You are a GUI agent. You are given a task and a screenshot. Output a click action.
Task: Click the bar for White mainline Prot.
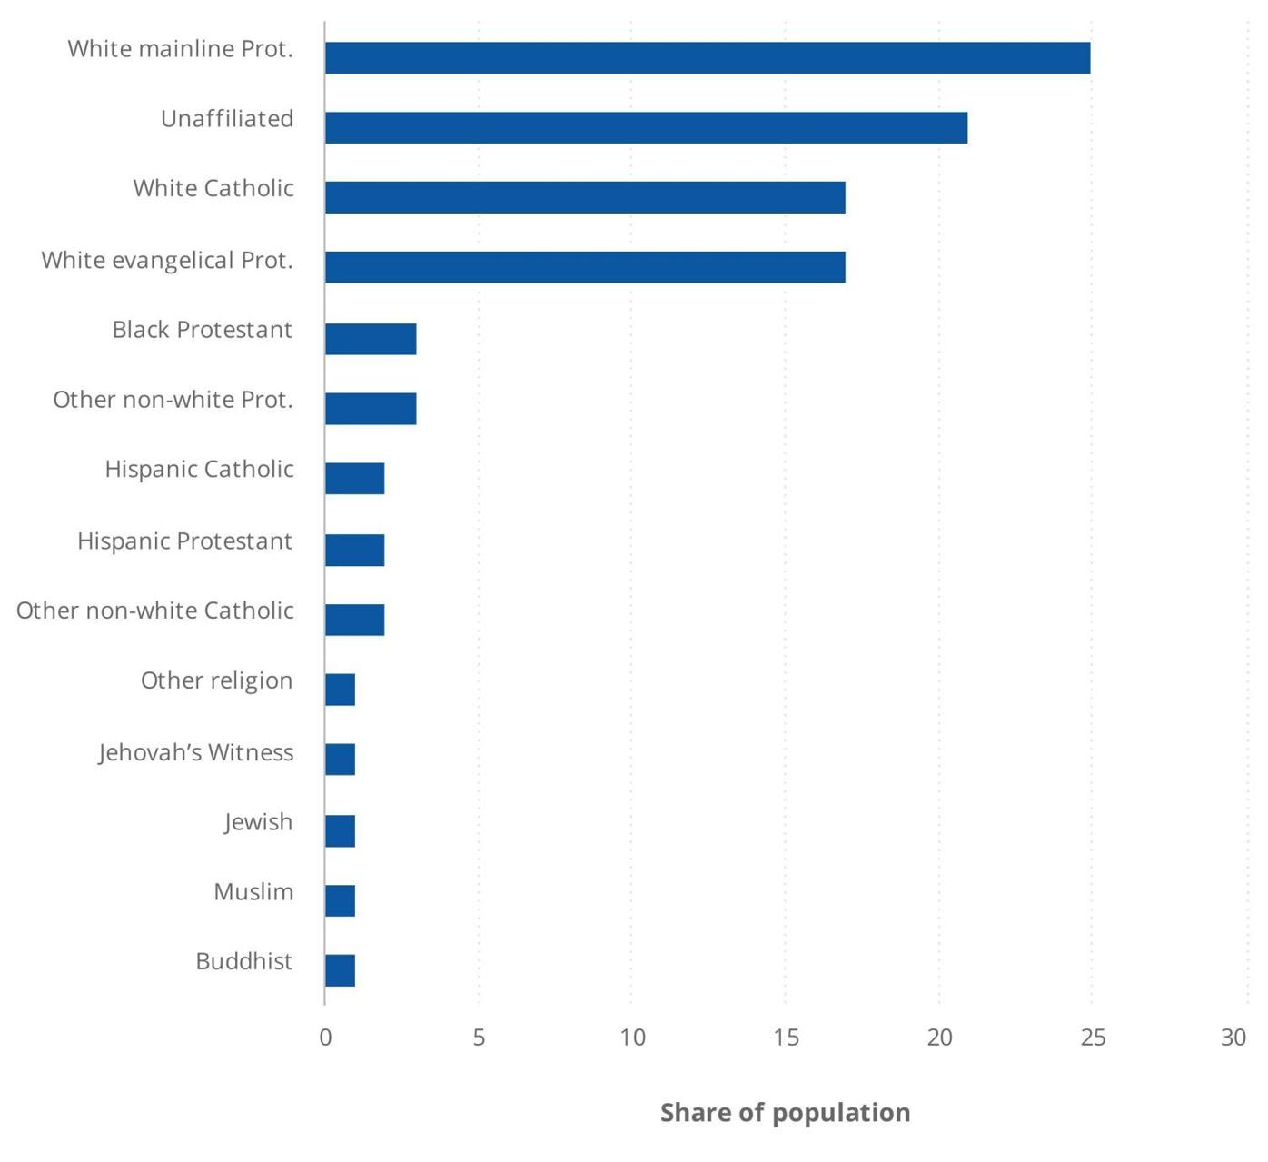(707, 58)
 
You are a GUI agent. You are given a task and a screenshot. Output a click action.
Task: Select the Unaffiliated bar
(646, 128)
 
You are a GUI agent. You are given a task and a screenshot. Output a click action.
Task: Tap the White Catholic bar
(585, 197)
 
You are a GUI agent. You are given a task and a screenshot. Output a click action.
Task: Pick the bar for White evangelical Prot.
(585, 267)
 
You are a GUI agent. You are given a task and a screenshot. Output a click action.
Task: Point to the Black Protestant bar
(371, 339)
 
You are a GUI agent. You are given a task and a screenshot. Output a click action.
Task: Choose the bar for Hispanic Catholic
(355, 479)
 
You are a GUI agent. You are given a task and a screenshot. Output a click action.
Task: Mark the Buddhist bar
(341, 970)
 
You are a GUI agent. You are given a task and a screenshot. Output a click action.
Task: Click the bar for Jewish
(341, 831)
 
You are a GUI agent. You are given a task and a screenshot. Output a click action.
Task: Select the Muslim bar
(341, 900)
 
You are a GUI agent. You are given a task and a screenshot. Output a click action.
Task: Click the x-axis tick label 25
(1093, 1038)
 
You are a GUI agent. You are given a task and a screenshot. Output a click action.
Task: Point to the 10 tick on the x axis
(632, 1038)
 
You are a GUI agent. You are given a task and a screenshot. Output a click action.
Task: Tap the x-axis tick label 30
(1233, 1038)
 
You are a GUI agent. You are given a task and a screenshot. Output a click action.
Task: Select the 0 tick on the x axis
(325, 1038)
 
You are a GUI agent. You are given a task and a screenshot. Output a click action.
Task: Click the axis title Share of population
(785, 1113)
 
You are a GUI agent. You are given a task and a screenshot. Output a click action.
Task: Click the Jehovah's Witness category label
(196, 753)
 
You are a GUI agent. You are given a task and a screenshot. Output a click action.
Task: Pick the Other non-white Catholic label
(155, 611)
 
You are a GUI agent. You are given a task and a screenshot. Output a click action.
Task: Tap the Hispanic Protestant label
(185, 541)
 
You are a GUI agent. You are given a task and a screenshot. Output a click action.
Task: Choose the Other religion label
(217, 680)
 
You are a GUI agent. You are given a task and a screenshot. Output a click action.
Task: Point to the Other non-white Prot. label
(173, 400)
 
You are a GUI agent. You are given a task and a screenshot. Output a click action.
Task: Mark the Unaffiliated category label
(227, 119)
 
